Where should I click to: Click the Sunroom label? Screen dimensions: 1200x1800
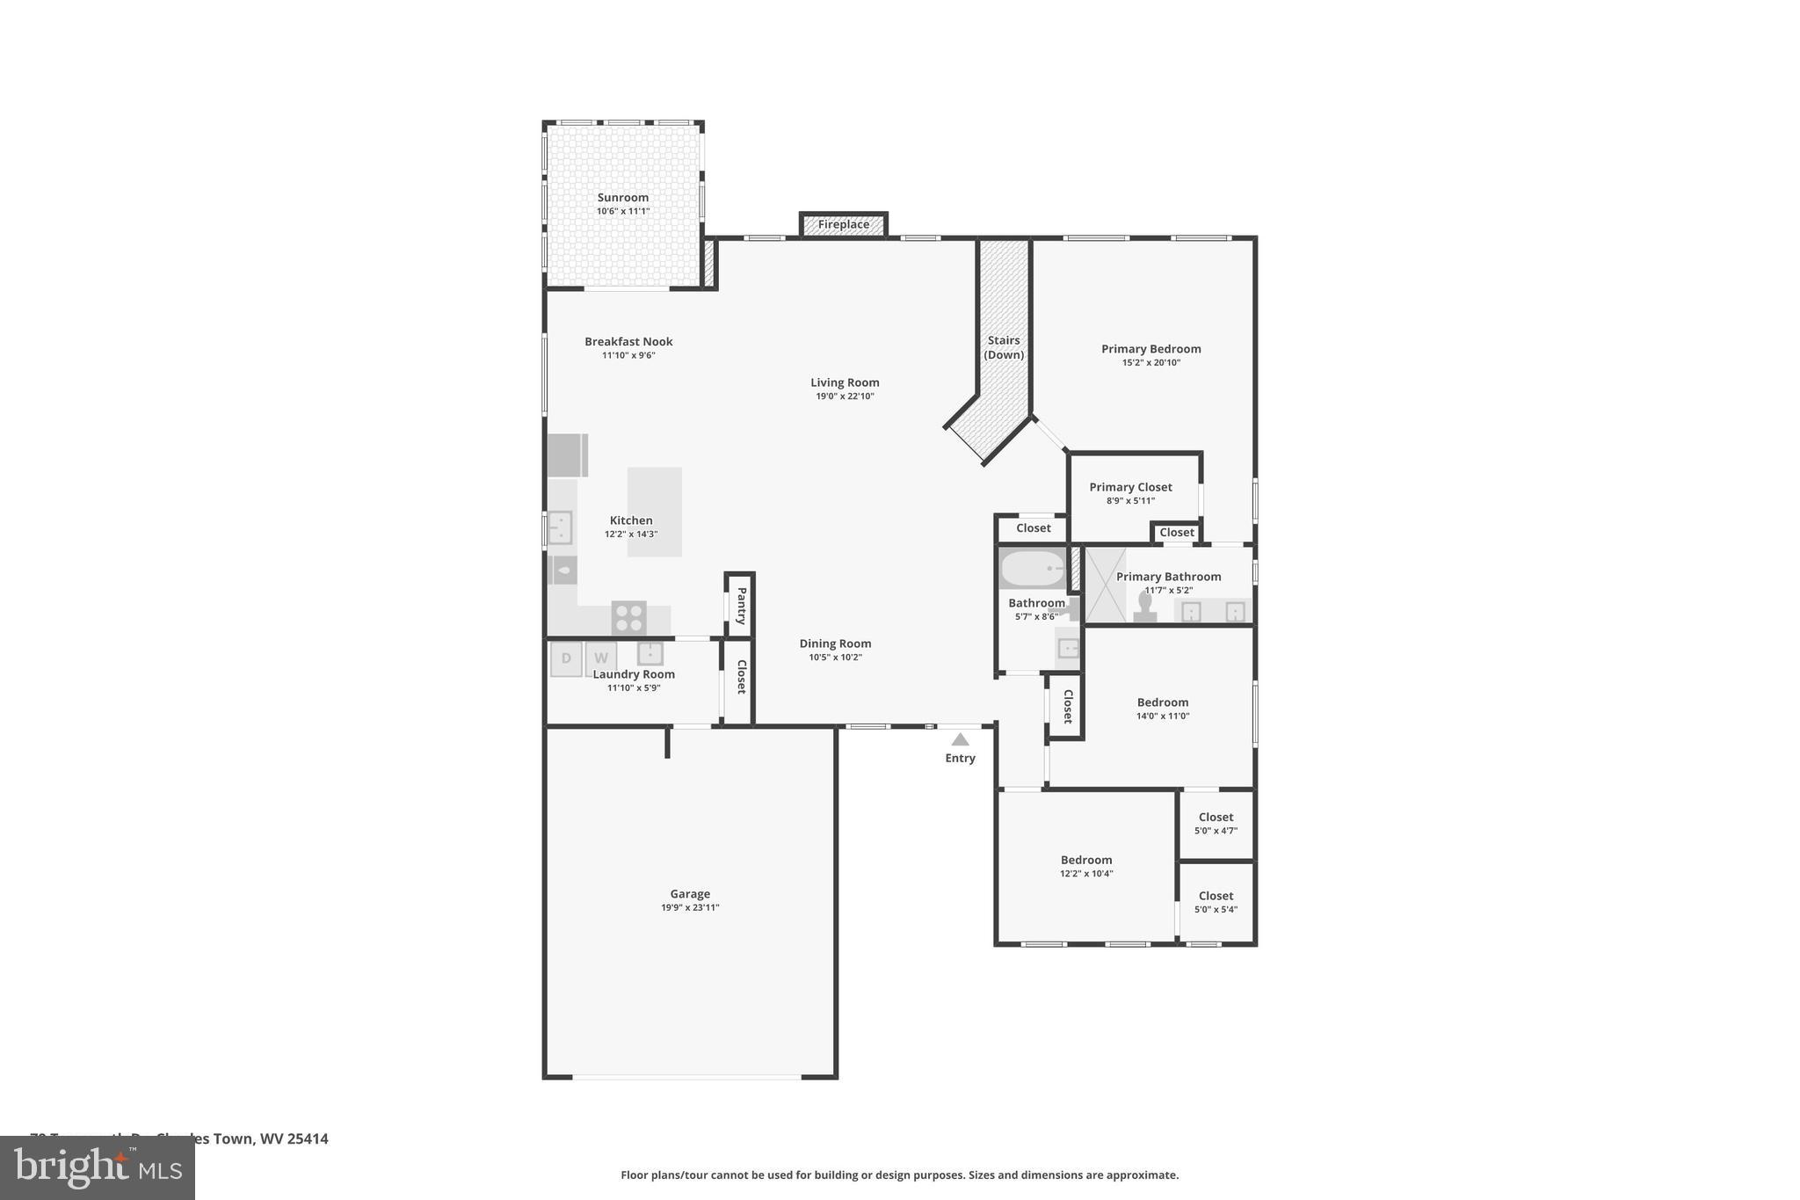(622, 198)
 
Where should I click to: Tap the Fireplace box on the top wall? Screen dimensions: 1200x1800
(843, 225)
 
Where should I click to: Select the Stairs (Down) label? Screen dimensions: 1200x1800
(1003, 347)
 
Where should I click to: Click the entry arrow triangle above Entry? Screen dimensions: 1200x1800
(960, 740)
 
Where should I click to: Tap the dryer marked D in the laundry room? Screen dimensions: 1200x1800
(566, 658)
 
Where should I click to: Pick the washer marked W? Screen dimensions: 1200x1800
(601, 658)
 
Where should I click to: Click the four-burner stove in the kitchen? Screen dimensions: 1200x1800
(628, 617)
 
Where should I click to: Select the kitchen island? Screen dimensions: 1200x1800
(654, 511)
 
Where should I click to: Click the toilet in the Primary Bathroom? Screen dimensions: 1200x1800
(1144, 607)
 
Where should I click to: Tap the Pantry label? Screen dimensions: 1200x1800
(741, 606)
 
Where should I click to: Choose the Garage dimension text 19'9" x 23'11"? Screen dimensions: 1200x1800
(690, 907)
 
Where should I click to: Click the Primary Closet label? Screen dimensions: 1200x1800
(1130, 487)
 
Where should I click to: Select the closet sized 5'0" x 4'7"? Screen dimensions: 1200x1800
(1216, 824)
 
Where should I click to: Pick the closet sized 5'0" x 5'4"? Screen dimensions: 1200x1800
(1216, 903)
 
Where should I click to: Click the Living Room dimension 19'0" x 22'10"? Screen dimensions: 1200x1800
(845, 396)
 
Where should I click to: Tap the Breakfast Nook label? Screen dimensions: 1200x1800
(628, 342)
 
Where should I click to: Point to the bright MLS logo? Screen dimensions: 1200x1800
(98, 1167)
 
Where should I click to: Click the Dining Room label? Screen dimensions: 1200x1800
(835, 644)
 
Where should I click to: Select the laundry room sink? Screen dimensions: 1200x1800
(650, 653)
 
